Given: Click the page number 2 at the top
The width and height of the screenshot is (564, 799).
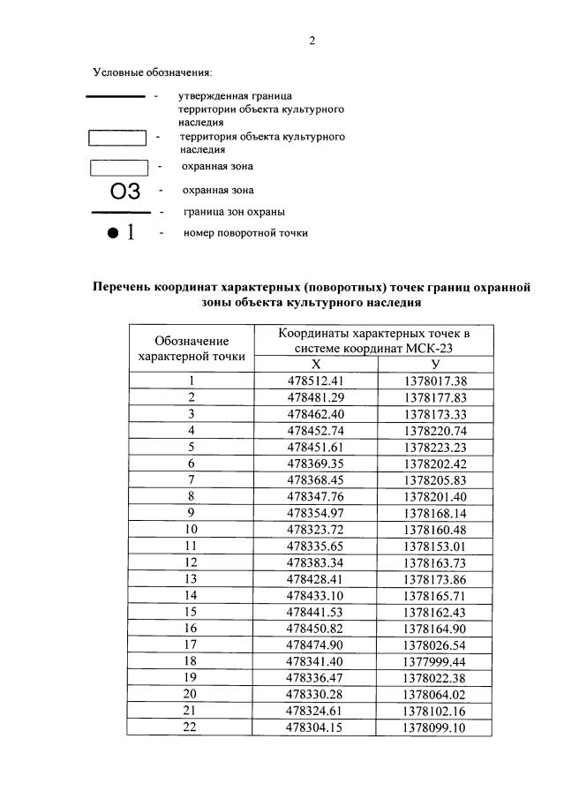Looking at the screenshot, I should point(312,41).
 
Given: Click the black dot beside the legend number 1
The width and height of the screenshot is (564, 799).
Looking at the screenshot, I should point(112,233).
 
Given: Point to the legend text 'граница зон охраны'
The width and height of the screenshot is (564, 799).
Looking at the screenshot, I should point(233,212).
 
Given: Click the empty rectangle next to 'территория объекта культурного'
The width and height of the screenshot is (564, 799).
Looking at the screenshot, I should point(117,138).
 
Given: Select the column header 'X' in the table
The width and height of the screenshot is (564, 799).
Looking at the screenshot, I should point(315,365).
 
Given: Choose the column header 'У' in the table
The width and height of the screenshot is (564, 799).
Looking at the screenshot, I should point(434,365).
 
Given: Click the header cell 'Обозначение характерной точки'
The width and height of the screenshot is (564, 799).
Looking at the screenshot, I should point(192,348).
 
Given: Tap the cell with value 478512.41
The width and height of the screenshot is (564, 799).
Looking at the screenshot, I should point(315,381).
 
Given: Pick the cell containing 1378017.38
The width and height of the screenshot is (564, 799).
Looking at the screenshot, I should point(434,381).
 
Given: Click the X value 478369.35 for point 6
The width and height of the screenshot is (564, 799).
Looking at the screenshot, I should point(315,464).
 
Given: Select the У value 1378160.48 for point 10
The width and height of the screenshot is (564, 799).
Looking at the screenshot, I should point(434,530).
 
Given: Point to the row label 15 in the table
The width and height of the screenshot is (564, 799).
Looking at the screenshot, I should point(192,612).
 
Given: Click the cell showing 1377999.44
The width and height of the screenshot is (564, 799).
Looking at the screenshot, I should point(434,661).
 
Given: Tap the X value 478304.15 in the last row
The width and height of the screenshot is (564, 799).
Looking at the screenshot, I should point(315,727).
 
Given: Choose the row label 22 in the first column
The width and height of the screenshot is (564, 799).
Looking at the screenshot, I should point(192,727).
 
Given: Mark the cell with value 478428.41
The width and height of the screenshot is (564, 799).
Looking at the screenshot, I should point(315,579).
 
